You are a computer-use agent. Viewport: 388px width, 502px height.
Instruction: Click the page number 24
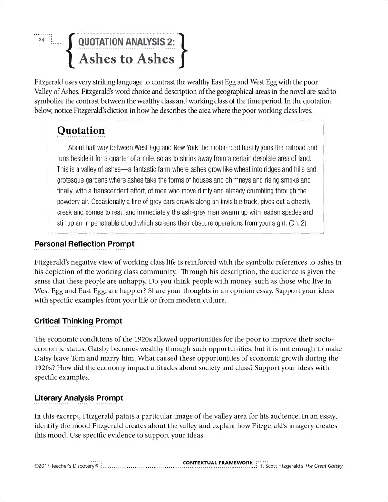click(x=41, y=41)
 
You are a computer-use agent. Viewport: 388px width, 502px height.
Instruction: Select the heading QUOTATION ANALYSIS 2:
click(x=126, y=42)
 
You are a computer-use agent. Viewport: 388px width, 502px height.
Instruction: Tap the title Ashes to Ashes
click(x=126, y=59)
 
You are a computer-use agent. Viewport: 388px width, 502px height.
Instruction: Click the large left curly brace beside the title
click(x=70, y=50)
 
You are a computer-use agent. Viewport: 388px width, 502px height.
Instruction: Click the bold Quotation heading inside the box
click(x=81, y=130)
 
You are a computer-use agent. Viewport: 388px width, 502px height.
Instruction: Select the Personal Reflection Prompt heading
click(x=84, y=244)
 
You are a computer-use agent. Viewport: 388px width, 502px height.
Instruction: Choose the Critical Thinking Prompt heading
click(x=78, y=321)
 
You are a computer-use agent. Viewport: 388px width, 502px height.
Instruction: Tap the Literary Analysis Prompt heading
click(x=78, y=398)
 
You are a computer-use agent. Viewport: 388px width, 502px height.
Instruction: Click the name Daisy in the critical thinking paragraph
click(x=44, y=358)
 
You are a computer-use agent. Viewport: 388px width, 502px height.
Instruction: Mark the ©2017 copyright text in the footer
click(x=66, y=466)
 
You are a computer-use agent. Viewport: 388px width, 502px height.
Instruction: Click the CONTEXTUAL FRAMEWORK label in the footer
click(x=218, y=463)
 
